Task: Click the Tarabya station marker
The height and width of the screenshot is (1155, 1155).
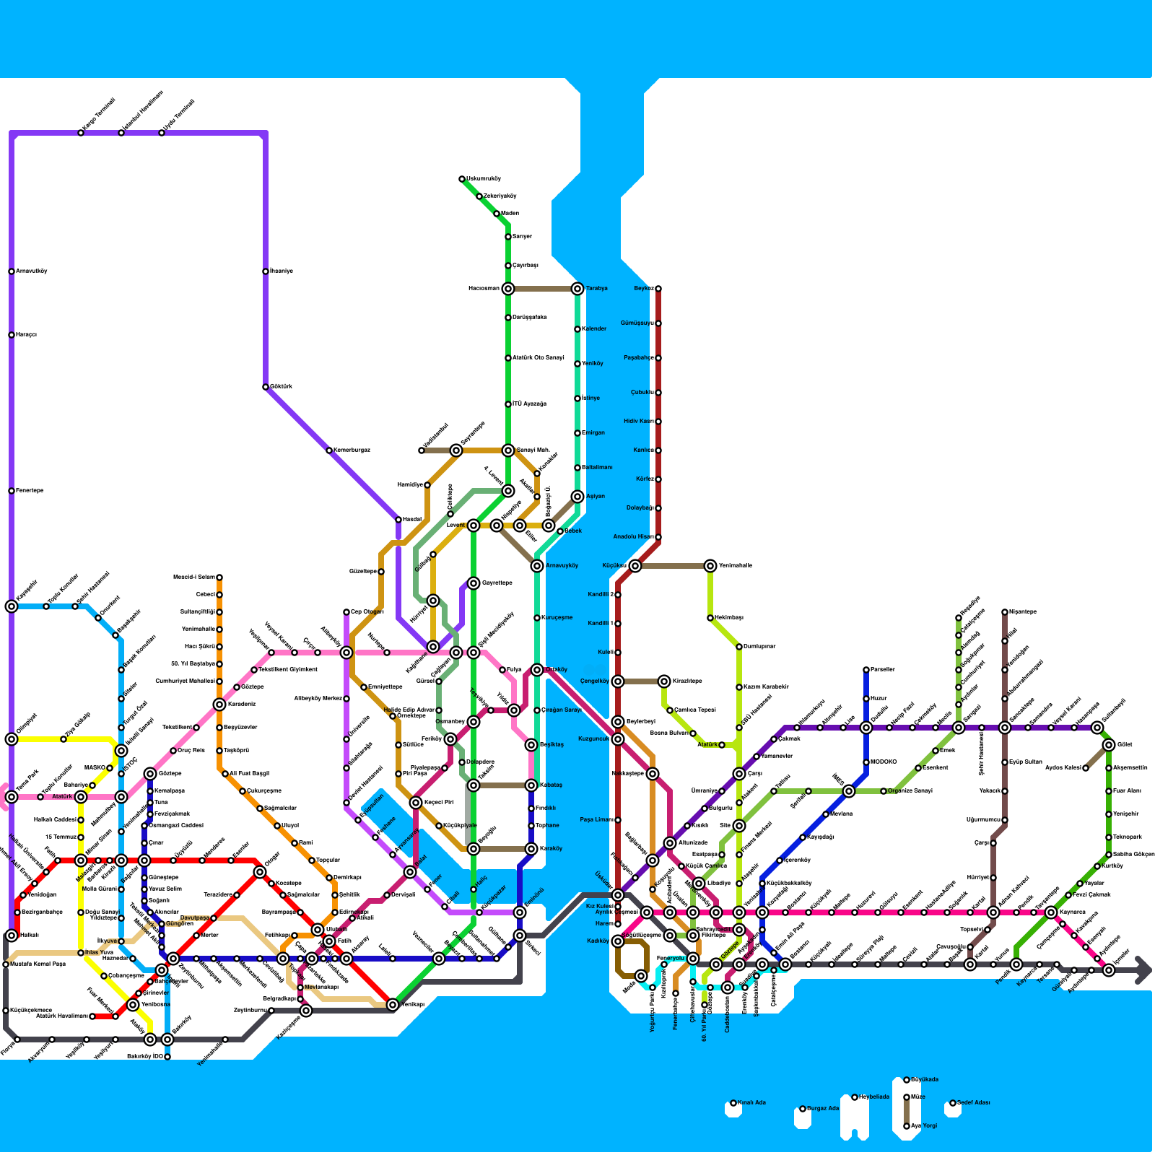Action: [x=577, y=289]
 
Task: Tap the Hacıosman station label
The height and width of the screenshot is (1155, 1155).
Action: [x=483, y=289]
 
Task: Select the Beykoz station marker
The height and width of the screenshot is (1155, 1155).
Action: [x=658, y=289]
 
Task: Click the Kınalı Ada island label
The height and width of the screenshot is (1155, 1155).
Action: [x=751, y=1102]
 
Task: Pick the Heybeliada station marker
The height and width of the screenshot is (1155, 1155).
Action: [x=855, y=1097]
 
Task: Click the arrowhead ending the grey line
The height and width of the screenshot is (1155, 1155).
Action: [x=1143, y=970]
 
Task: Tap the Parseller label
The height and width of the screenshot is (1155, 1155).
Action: [x=882, y=669]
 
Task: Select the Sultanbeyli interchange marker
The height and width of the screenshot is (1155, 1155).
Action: [x=1097, y=728]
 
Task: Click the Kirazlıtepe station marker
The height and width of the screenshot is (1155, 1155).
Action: [x=664, y=681]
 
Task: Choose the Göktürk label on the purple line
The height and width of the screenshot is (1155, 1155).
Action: [x=281, y=387]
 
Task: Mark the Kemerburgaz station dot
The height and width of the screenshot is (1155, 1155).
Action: [x=329, y=450]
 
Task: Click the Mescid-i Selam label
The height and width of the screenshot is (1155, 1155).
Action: [x=194, y=577]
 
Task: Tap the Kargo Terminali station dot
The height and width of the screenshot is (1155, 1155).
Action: [x=81, y=133]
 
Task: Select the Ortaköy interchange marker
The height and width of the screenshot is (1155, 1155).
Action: [x=537, y=670]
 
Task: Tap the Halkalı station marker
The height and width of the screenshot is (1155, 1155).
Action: [x=12, y=936]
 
